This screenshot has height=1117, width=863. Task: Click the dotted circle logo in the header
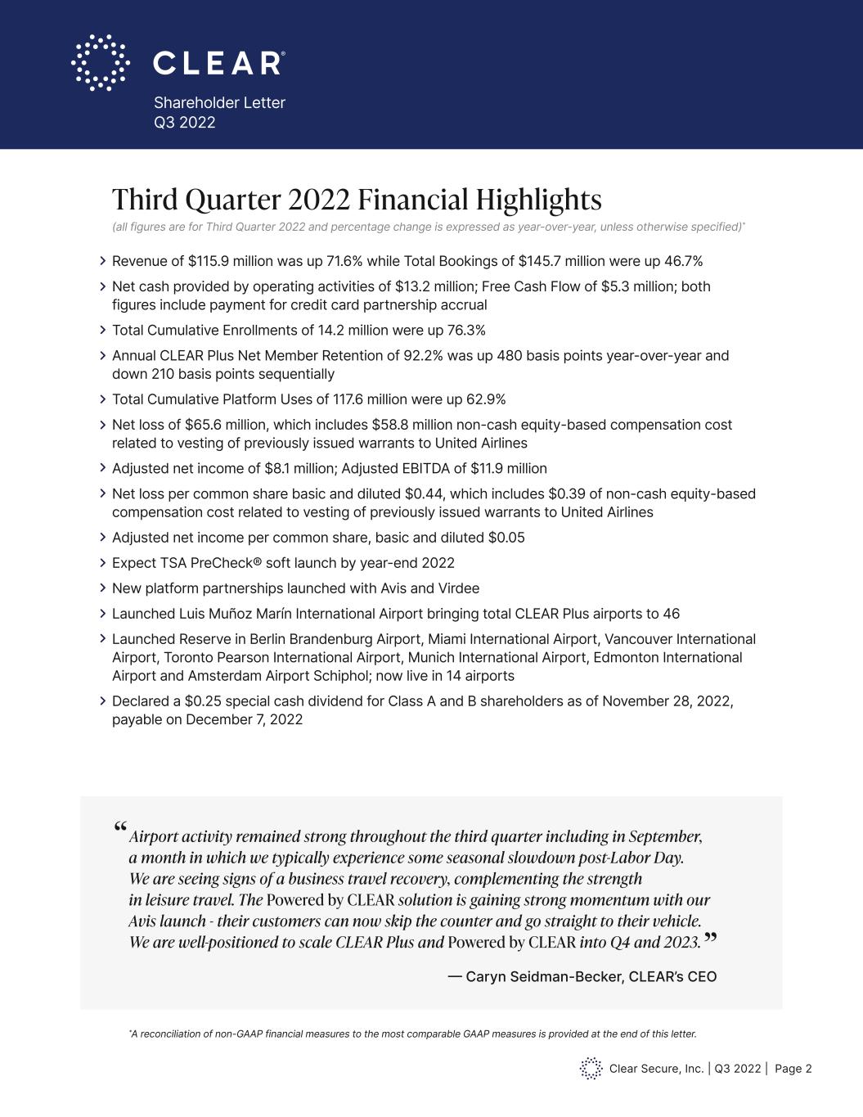tap(101, 62)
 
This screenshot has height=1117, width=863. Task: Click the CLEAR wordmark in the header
tap(218, 63)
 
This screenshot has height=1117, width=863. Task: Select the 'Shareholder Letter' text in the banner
tap(219, 102)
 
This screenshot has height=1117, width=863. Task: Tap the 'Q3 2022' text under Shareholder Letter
tap(185, 123)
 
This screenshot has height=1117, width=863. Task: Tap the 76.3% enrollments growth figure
tap(465, 330)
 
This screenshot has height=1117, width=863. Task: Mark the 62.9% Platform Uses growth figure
tap(484, 399)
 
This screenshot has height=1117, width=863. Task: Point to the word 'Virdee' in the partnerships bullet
tap(457, 588)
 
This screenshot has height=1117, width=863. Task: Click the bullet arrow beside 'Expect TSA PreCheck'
tap(103, 563)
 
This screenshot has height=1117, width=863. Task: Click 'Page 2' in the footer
tap(793, 1068)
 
